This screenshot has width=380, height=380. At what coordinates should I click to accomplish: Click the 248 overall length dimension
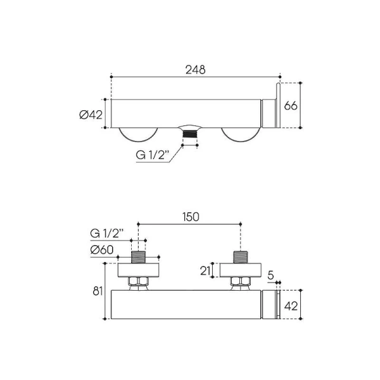(195, 70)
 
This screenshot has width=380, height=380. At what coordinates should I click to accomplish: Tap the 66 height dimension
(291, 106)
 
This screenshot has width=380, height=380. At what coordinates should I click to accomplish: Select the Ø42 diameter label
(91, 115)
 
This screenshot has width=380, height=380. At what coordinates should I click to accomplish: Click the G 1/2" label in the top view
(152, 155)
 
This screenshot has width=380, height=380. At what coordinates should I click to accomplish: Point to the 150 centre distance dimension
(191, 217)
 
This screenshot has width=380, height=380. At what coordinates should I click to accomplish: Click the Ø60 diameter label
(102, 250)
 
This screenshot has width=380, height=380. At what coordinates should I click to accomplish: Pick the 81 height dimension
(98, 291)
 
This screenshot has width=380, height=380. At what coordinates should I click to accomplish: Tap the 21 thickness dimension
(205, 270)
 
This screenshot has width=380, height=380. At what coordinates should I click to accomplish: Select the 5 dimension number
(270, 275)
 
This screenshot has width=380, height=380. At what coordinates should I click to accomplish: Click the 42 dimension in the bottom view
(291, 307)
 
